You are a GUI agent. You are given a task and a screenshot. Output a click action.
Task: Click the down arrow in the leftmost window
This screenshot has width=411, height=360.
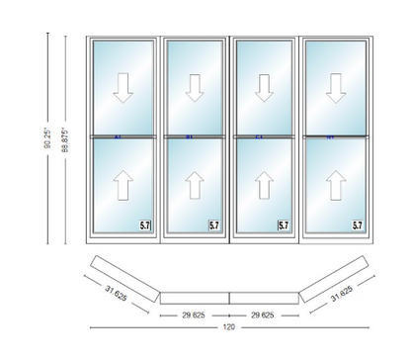pos(123,90)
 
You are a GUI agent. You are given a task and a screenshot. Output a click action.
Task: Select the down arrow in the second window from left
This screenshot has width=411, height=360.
pos(194,90)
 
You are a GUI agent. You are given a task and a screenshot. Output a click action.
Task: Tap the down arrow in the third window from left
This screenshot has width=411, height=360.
pos(264,90)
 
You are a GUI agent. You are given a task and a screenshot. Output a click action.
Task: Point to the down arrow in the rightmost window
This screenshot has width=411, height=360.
pos(334,90)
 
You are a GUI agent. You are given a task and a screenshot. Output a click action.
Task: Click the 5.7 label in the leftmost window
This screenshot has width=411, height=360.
pos(144,226)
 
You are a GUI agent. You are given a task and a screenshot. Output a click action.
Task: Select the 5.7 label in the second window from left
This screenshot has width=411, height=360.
pos(214,226)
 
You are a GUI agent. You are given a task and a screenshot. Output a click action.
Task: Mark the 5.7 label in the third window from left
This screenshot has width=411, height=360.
pos(285,226)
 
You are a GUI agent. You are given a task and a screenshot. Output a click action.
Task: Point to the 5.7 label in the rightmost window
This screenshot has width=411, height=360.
pos(356,226)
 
